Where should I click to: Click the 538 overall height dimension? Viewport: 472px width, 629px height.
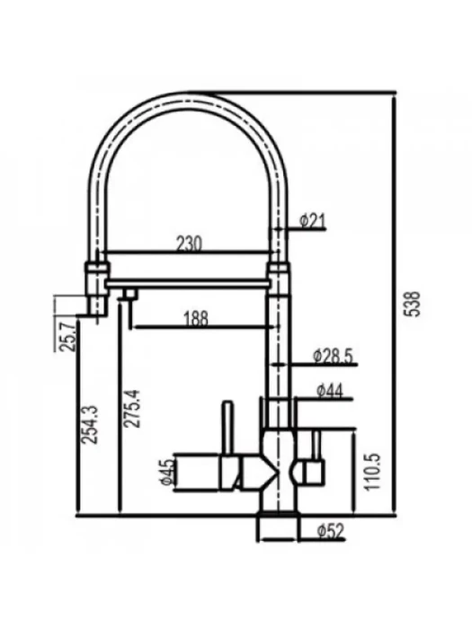pyautogui.click(x=414, y=304)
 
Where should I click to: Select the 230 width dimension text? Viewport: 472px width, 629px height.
pyautogui.click(x=190, y=244)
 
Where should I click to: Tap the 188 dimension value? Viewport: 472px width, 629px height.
pyautogui.click(x=196, y=319)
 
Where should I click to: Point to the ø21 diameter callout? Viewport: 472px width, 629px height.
pyautogui.click(x=313, y=221)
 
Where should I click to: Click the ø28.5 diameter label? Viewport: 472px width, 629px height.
pyautogui.click(x=333, y=356)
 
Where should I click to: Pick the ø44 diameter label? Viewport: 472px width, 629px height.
pyautogui.click(x=330, y=391)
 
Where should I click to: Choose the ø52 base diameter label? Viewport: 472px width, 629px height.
pyautogui.click(x=330, y=532)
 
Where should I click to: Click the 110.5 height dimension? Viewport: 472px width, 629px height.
pyautogui.click(x=373, y=472)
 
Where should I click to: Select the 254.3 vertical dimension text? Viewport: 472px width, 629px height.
pyautogui.click(x=90, y=425)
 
